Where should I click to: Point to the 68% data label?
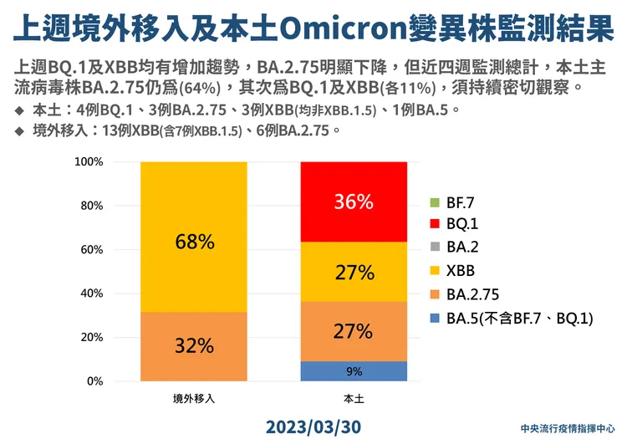coord(194,242)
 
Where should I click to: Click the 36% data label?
coord(353,202)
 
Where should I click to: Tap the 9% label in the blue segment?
coord(353,371)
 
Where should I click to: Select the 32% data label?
coord(194,345)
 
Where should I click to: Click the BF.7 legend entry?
coord(459,202)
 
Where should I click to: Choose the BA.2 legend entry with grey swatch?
coord(459,248)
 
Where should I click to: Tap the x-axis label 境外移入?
coord(194,399)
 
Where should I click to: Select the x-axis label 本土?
coord(353,399)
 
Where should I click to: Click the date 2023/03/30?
coord(313,426)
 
